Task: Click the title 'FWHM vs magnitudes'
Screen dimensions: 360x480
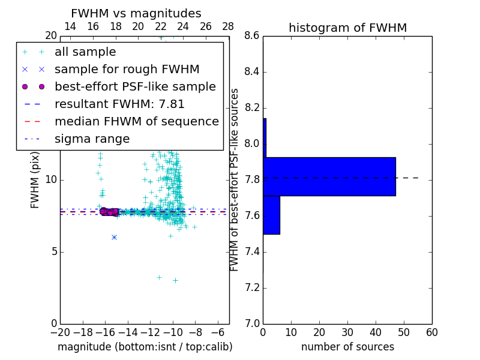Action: click(136, 13)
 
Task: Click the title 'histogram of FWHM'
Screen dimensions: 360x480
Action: click(347, 28)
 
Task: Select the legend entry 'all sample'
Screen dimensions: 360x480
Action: click(85, 52)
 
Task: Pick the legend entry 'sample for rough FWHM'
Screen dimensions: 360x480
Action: click(127, 69)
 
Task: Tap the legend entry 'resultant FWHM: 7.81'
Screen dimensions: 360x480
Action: click(119, 104)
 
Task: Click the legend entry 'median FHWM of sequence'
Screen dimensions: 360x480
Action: click(136, 121)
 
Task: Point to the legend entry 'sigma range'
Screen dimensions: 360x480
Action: click(92, 139)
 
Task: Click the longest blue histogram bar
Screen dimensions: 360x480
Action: click(329, 176)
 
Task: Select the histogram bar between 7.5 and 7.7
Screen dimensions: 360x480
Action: click(271, 214)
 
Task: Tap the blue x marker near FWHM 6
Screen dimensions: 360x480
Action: click(114, 237)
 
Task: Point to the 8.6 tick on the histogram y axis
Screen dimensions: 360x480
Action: click(253, 36)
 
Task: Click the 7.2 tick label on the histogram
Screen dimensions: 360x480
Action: click(253, 288)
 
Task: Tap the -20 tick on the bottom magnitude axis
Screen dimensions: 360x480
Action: click(60, 332)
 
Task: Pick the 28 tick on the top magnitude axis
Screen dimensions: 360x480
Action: click(228, 26)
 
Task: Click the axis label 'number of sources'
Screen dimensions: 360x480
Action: click(347, 347)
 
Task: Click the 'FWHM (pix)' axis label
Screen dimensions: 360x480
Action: click(35, 179)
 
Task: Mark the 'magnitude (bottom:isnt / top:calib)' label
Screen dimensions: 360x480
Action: click(145, 347)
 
